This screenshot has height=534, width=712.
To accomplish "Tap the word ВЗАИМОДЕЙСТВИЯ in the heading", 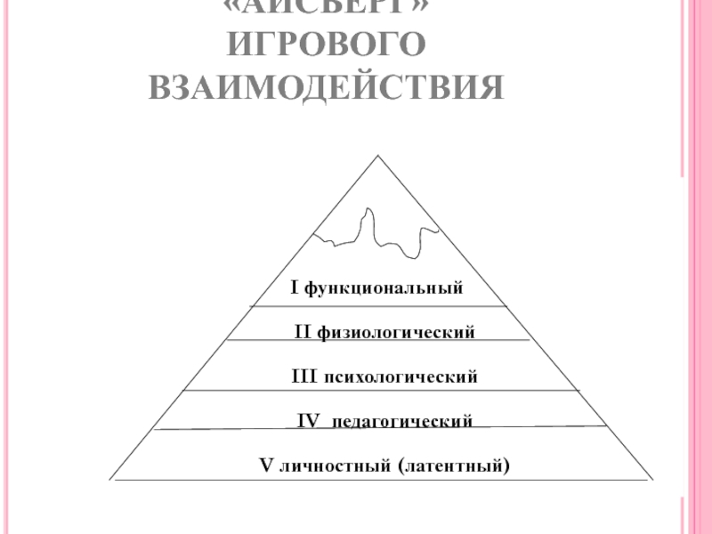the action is [x=326, y=89].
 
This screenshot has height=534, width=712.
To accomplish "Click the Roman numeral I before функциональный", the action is [x=295, y=288].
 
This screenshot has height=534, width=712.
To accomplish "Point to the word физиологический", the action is [x=394, y=333].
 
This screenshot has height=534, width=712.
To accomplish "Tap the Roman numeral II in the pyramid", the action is [x=302, y=333].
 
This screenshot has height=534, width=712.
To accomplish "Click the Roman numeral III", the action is [x=303, y=377].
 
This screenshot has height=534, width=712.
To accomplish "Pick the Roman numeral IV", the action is [x=308, y=420].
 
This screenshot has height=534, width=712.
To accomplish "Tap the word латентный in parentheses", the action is [x=454, y=465].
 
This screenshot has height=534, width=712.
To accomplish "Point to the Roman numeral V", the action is [x=263, y=465].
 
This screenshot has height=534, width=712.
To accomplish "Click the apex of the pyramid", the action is [x=379, y=157].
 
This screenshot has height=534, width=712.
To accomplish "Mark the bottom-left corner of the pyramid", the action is [x=110, y=480].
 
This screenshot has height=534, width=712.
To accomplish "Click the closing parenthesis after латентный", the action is [x=507, y=465].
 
